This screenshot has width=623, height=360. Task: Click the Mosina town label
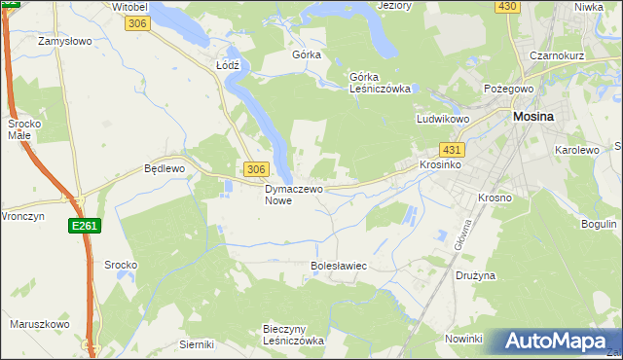coord(533,116)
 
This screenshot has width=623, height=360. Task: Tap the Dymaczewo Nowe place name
coord(293,195)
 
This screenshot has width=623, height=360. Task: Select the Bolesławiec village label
coord(337,265)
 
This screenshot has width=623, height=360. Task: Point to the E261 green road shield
coord(84,226)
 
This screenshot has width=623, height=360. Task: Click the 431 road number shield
coord(452,150)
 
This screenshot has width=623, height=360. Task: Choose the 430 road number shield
coord(506,6)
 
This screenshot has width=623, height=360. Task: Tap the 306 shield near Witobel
coord(137,22)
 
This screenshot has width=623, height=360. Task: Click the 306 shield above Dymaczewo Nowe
coord(255,169)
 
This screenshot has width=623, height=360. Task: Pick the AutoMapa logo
coord(558,342)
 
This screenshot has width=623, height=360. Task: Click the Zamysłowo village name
coord(64,42)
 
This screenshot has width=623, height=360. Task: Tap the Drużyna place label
coord(475,275)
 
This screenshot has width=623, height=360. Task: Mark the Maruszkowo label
coord(38,324)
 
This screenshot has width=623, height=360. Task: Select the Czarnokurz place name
coord(557,55)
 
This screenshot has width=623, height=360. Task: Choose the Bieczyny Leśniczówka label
coord(293,335)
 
